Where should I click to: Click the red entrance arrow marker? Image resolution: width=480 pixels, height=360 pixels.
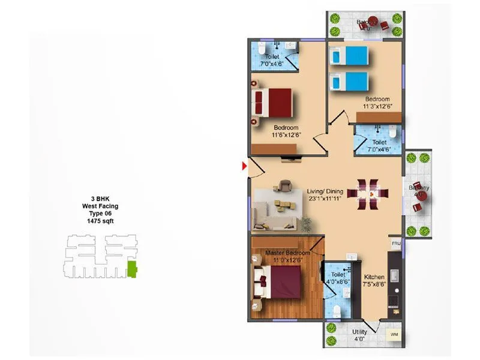pyautogui.click(x=244, y=166)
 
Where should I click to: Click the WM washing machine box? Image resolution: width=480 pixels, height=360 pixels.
pyautogui.click(x=394, y=334)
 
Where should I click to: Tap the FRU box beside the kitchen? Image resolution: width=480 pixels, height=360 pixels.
pyautogui.click(x=395, y=244)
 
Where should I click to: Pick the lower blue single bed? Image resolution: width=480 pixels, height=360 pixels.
pyautogui.click(x=349, y=81)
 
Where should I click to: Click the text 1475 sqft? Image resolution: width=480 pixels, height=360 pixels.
pyautogui.click(x=100, y=221)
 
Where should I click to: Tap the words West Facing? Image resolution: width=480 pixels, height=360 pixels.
pyautogui.click(x=100, y=206)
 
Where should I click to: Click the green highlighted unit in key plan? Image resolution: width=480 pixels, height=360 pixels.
pyautogui.click(x=132, y=269)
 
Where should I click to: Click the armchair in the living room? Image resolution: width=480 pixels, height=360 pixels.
pyautogui.click(x=284, y=187)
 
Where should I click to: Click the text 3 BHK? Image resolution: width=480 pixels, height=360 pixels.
pyautogui.click(x=100, y=199)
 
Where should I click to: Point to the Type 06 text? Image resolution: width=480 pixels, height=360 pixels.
pyautogui.click(x=100, y=214)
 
